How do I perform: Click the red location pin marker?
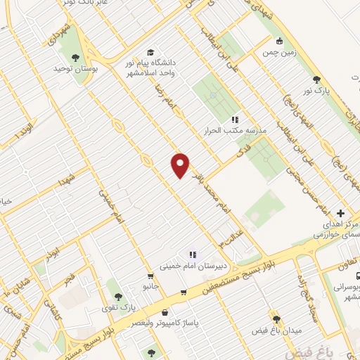pyautogui.click(x=181, y=165)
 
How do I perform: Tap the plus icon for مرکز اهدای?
pyautogui.click(x=341, y=213)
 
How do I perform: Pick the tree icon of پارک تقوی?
pyautogui.click(x=117, y=297)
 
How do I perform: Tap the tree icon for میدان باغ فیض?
pyautogui.click(x=276, y=319)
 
